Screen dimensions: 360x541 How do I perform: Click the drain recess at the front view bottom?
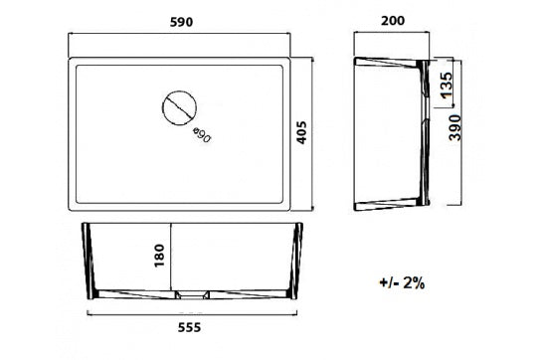192,294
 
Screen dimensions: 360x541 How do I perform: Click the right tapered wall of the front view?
297,261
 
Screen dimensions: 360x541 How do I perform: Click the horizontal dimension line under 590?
180,36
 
